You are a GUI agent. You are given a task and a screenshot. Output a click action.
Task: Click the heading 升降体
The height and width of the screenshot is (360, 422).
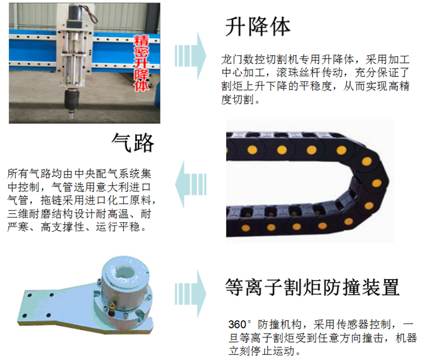[258, 26]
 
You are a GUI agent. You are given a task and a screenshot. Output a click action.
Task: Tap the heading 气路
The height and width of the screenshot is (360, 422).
[133, 143]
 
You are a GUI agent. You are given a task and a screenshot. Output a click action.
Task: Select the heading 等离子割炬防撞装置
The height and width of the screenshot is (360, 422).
[312, 287]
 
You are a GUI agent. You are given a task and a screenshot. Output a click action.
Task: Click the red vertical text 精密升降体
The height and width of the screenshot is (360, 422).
[141, 62]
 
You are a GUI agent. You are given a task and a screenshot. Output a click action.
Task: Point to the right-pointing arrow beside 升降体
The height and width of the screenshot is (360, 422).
[190, 56]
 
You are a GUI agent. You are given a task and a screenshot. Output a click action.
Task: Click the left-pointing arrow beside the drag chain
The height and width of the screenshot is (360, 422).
[191, 184]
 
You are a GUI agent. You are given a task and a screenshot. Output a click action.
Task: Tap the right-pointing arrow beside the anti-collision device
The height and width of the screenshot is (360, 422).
[190, 294]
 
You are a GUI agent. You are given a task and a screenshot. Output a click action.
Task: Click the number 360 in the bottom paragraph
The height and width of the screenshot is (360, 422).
[237, 325]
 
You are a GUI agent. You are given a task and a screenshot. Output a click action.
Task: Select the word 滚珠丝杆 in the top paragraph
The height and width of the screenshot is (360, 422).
[298, 73]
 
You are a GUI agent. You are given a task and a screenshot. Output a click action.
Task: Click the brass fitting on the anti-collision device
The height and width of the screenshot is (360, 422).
[111, 308]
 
